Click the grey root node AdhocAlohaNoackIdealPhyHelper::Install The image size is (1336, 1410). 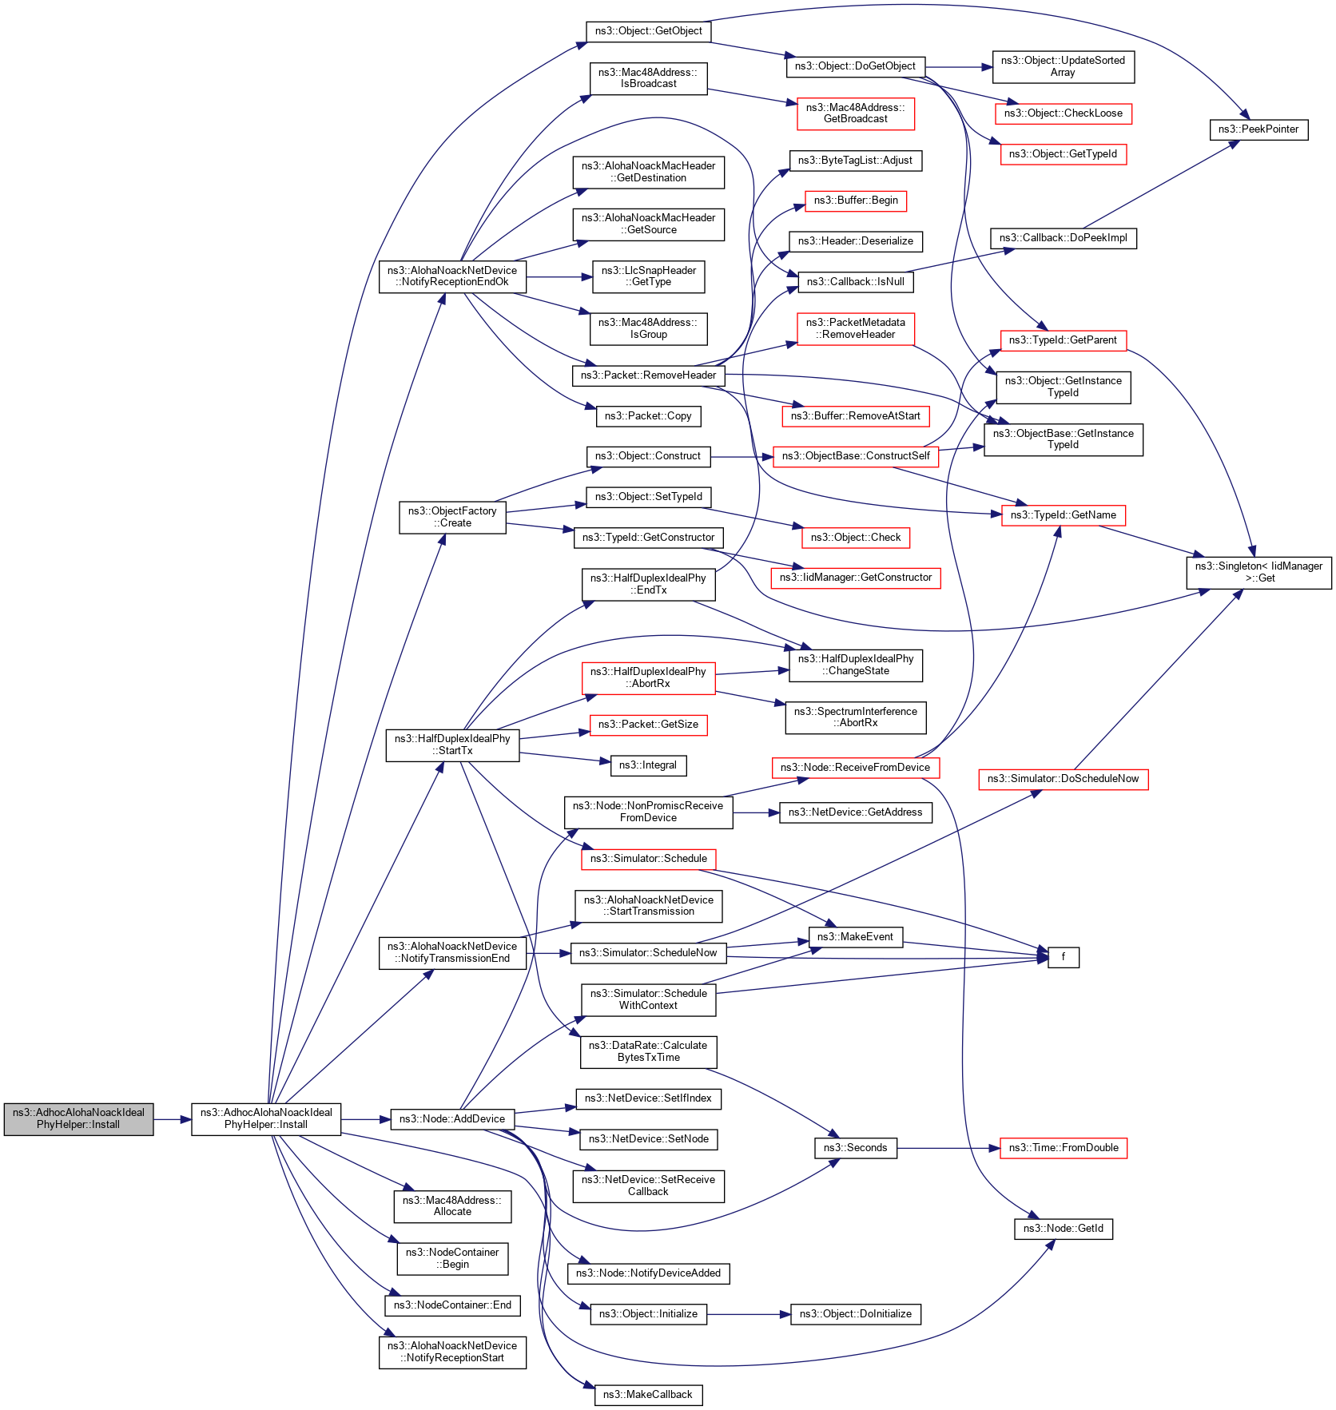point(78,1118)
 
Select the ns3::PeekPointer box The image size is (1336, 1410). point(1258,129)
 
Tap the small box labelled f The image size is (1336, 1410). point(1063,957)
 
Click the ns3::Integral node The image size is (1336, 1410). point(648,765)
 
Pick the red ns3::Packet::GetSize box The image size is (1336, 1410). point(648,725)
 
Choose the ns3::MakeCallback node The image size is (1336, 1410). point(648,1395)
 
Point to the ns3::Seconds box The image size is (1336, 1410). point(855,1148)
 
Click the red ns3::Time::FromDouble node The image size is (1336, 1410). point(1063,1148)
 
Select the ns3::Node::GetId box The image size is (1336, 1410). point(1063,1229)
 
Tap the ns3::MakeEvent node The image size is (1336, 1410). point(855,937)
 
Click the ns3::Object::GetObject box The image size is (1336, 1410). point(648,31)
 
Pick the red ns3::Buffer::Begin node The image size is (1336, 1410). point(856,201)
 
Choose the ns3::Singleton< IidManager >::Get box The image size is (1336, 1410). point(1258,572)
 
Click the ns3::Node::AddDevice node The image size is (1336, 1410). point(452,1119)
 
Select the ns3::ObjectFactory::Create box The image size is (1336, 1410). point(452,517)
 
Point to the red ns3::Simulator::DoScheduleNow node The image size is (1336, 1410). point(1063,779)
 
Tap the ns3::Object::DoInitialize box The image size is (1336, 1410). point(855,1314)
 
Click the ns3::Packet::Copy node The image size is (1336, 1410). point(648,416)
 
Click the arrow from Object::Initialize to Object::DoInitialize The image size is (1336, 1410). point(748,1314)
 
